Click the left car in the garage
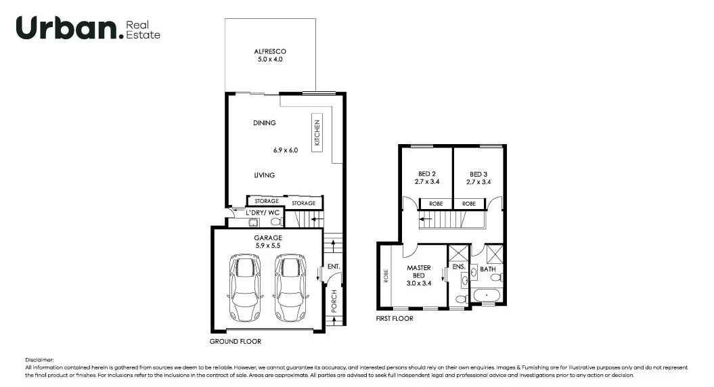245,287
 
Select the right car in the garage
289,287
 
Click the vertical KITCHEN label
316,133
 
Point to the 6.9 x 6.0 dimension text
286,150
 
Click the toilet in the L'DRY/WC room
275,221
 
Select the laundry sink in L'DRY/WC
253,221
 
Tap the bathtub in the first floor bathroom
487,296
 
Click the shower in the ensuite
459,255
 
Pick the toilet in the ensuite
461,298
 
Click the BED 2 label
425,174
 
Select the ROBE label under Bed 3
469,203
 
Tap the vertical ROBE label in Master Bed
386,276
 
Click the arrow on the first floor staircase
426,219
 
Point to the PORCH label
333,301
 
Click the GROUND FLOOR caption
235,342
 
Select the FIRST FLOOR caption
394,318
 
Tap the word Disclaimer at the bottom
39,360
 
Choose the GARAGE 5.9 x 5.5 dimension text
267,242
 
